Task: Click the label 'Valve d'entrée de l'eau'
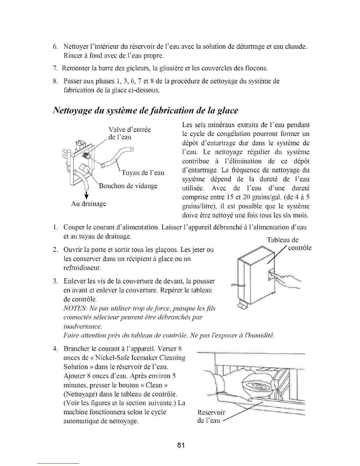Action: point(129,133)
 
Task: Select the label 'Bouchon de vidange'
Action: point(128,186)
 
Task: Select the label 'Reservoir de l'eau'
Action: point(211,416)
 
